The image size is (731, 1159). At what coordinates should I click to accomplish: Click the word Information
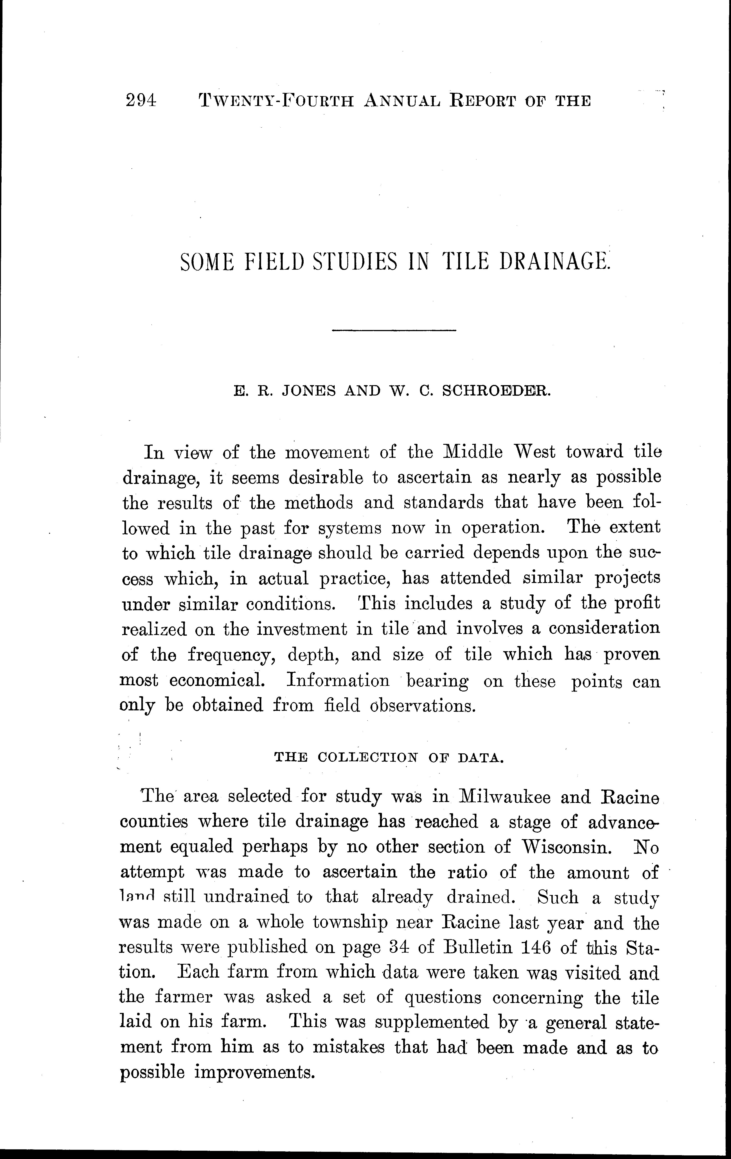coord(338,680)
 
